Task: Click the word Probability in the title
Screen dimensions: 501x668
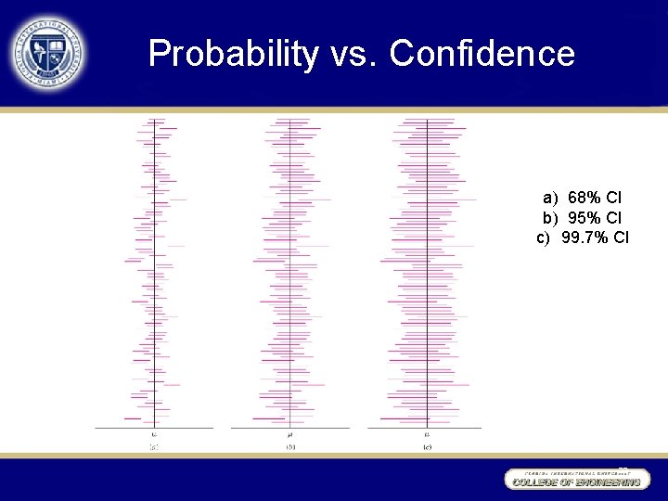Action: [233, 54]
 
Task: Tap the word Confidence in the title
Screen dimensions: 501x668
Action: [482, 54]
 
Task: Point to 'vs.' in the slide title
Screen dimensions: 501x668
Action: [353, 54]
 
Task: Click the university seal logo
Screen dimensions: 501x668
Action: [48, 54]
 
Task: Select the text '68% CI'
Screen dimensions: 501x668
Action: [595, 198]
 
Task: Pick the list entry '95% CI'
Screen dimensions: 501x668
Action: [595, 217]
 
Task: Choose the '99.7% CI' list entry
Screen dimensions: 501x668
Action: [595, 238]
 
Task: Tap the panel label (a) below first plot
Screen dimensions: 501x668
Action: [154, 447]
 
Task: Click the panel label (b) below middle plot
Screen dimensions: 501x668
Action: [290, 447]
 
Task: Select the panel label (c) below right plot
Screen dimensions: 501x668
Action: [427, 447]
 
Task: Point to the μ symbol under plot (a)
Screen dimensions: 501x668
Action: [154, 434]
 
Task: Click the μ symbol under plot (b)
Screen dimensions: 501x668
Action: [290, 434]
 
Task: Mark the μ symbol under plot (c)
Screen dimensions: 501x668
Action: [427, 434]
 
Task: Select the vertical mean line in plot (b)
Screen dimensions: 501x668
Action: [290, 278]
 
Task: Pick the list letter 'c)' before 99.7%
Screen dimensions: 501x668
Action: [545, 238]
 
